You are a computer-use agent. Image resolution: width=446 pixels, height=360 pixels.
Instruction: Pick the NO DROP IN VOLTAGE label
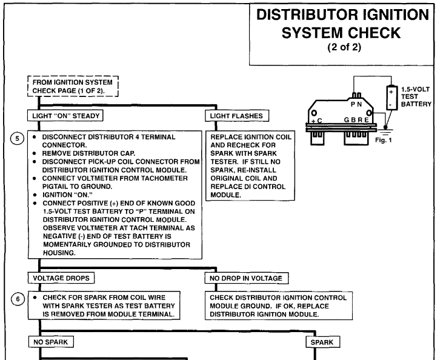(x=247, y=277)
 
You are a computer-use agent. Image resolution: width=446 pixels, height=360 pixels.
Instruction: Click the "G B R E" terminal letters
(x=357, y=120)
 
